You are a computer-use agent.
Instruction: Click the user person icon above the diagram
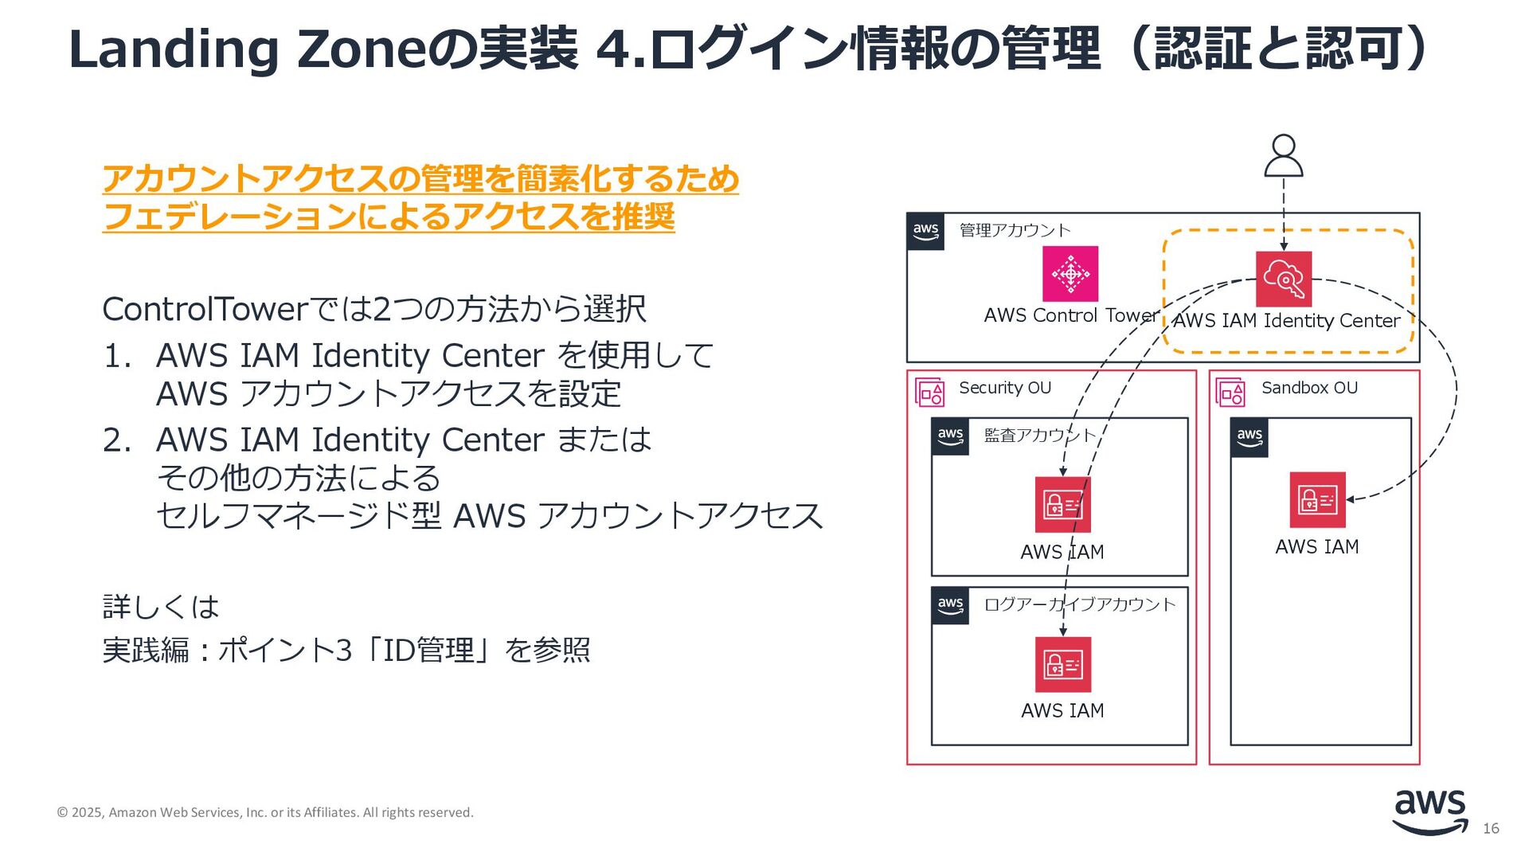click(1283, 155)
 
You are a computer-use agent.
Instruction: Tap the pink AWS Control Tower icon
click(1070, 274)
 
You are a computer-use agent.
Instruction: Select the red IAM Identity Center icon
click(1283, 279)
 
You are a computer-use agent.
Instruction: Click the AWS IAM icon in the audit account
click(1062, 505)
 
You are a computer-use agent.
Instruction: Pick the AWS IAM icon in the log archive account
click(1062, 664)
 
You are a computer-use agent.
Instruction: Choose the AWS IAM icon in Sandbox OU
click(1317, 500)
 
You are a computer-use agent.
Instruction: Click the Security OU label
click(1005, 388)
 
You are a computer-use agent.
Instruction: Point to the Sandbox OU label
click(1309, 388)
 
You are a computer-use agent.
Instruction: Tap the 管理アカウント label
click(1015, 230)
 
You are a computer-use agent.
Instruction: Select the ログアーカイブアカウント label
click(1080, 604)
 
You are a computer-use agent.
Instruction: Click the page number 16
click(1491, 829)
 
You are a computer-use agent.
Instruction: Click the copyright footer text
click(265, 812)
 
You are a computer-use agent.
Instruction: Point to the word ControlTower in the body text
click(205, 309)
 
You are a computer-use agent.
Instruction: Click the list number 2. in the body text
click(116, 440)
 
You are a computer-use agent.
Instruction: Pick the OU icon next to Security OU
click(929, 393)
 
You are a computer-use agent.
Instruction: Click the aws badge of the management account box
click(925, 232)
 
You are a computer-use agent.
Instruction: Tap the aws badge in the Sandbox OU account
click(1249, 437)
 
